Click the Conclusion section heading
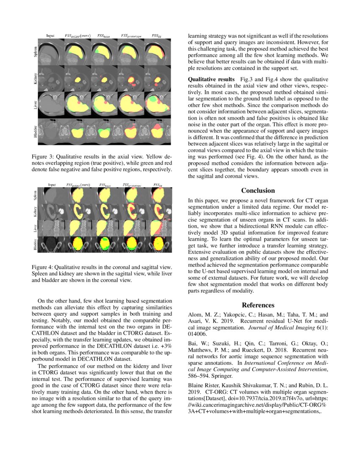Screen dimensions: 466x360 click(258, 191)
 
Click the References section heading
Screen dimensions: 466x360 click(258, 305)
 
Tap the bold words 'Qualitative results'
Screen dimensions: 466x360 click(211, 79)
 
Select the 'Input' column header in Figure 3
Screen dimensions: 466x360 click(50, 36)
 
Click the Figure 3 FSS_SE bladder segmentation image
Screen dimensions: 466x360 click(156, 131)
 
